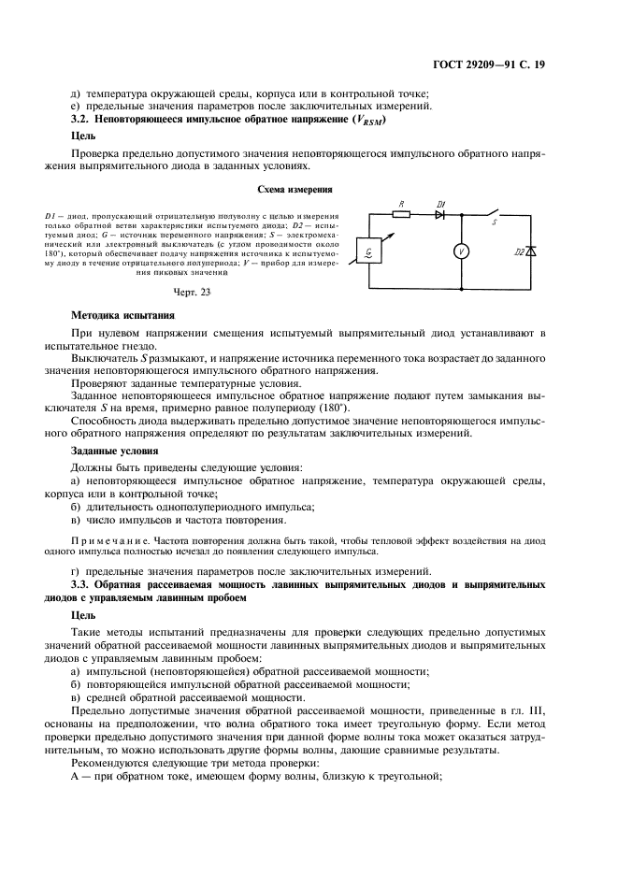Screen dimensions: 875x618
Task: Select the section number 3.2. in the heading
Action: pyautogui.click(x=82, y=120)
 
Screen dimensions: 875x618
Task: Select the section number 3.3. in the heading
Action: pyautogui.click(x=82, y=584)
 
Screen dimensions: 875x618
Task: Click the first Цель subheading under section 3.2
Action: pyautogui.click(x=84, y=136)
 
